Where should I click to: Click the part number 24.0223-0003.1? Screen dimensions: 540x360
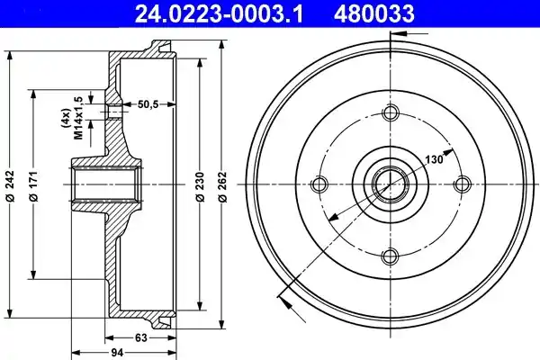point(219,13)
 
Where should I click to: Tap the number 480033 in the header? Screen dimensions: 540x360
point(374,13)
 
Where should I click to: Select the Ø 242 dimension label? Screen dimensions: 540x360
point(10,185)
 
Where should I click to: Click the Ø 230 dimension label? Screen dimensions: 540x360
point(200,186)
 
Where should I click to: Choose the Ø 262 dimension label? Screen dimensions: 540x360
point(223,186)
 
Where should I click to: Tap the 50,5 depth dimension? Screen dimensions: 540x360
point(148,104)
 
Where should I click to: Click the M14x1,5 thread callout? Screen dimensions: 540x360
point(79,118)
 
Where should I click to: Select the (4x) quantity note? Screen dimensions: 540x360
point(65,118)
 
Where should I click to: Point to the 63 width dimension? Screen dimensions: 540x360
point(140,337)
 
